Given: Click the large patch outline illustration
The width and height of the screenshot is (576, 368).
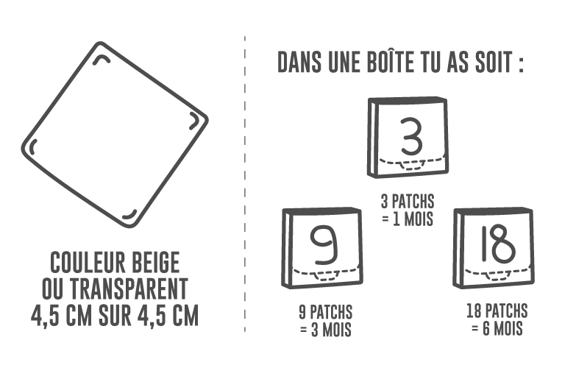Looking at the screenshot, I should tap(115, 136).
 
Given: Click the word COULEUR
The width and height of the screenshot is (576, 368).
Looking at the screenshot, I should tap(80, 261).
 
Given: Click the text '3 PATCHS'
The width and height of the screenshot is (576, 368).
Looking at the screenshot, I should tap(408, 201).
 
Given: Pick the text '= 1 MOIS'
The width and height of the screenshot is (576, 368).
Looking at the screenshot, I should tap(408, 219).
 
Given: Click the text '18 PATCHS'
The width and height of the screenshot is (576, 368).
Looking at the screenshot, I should tap(497, 311).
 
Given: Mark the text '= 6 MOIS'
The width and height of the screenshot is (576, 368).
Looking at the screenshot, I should tap(497, 329).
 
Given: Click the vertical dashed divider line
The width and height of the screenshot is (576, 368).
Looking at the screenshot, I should tap(244, 184).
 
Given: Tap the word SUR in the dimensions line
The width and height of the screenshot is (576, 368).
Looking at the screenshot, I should tap(112, 315).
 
